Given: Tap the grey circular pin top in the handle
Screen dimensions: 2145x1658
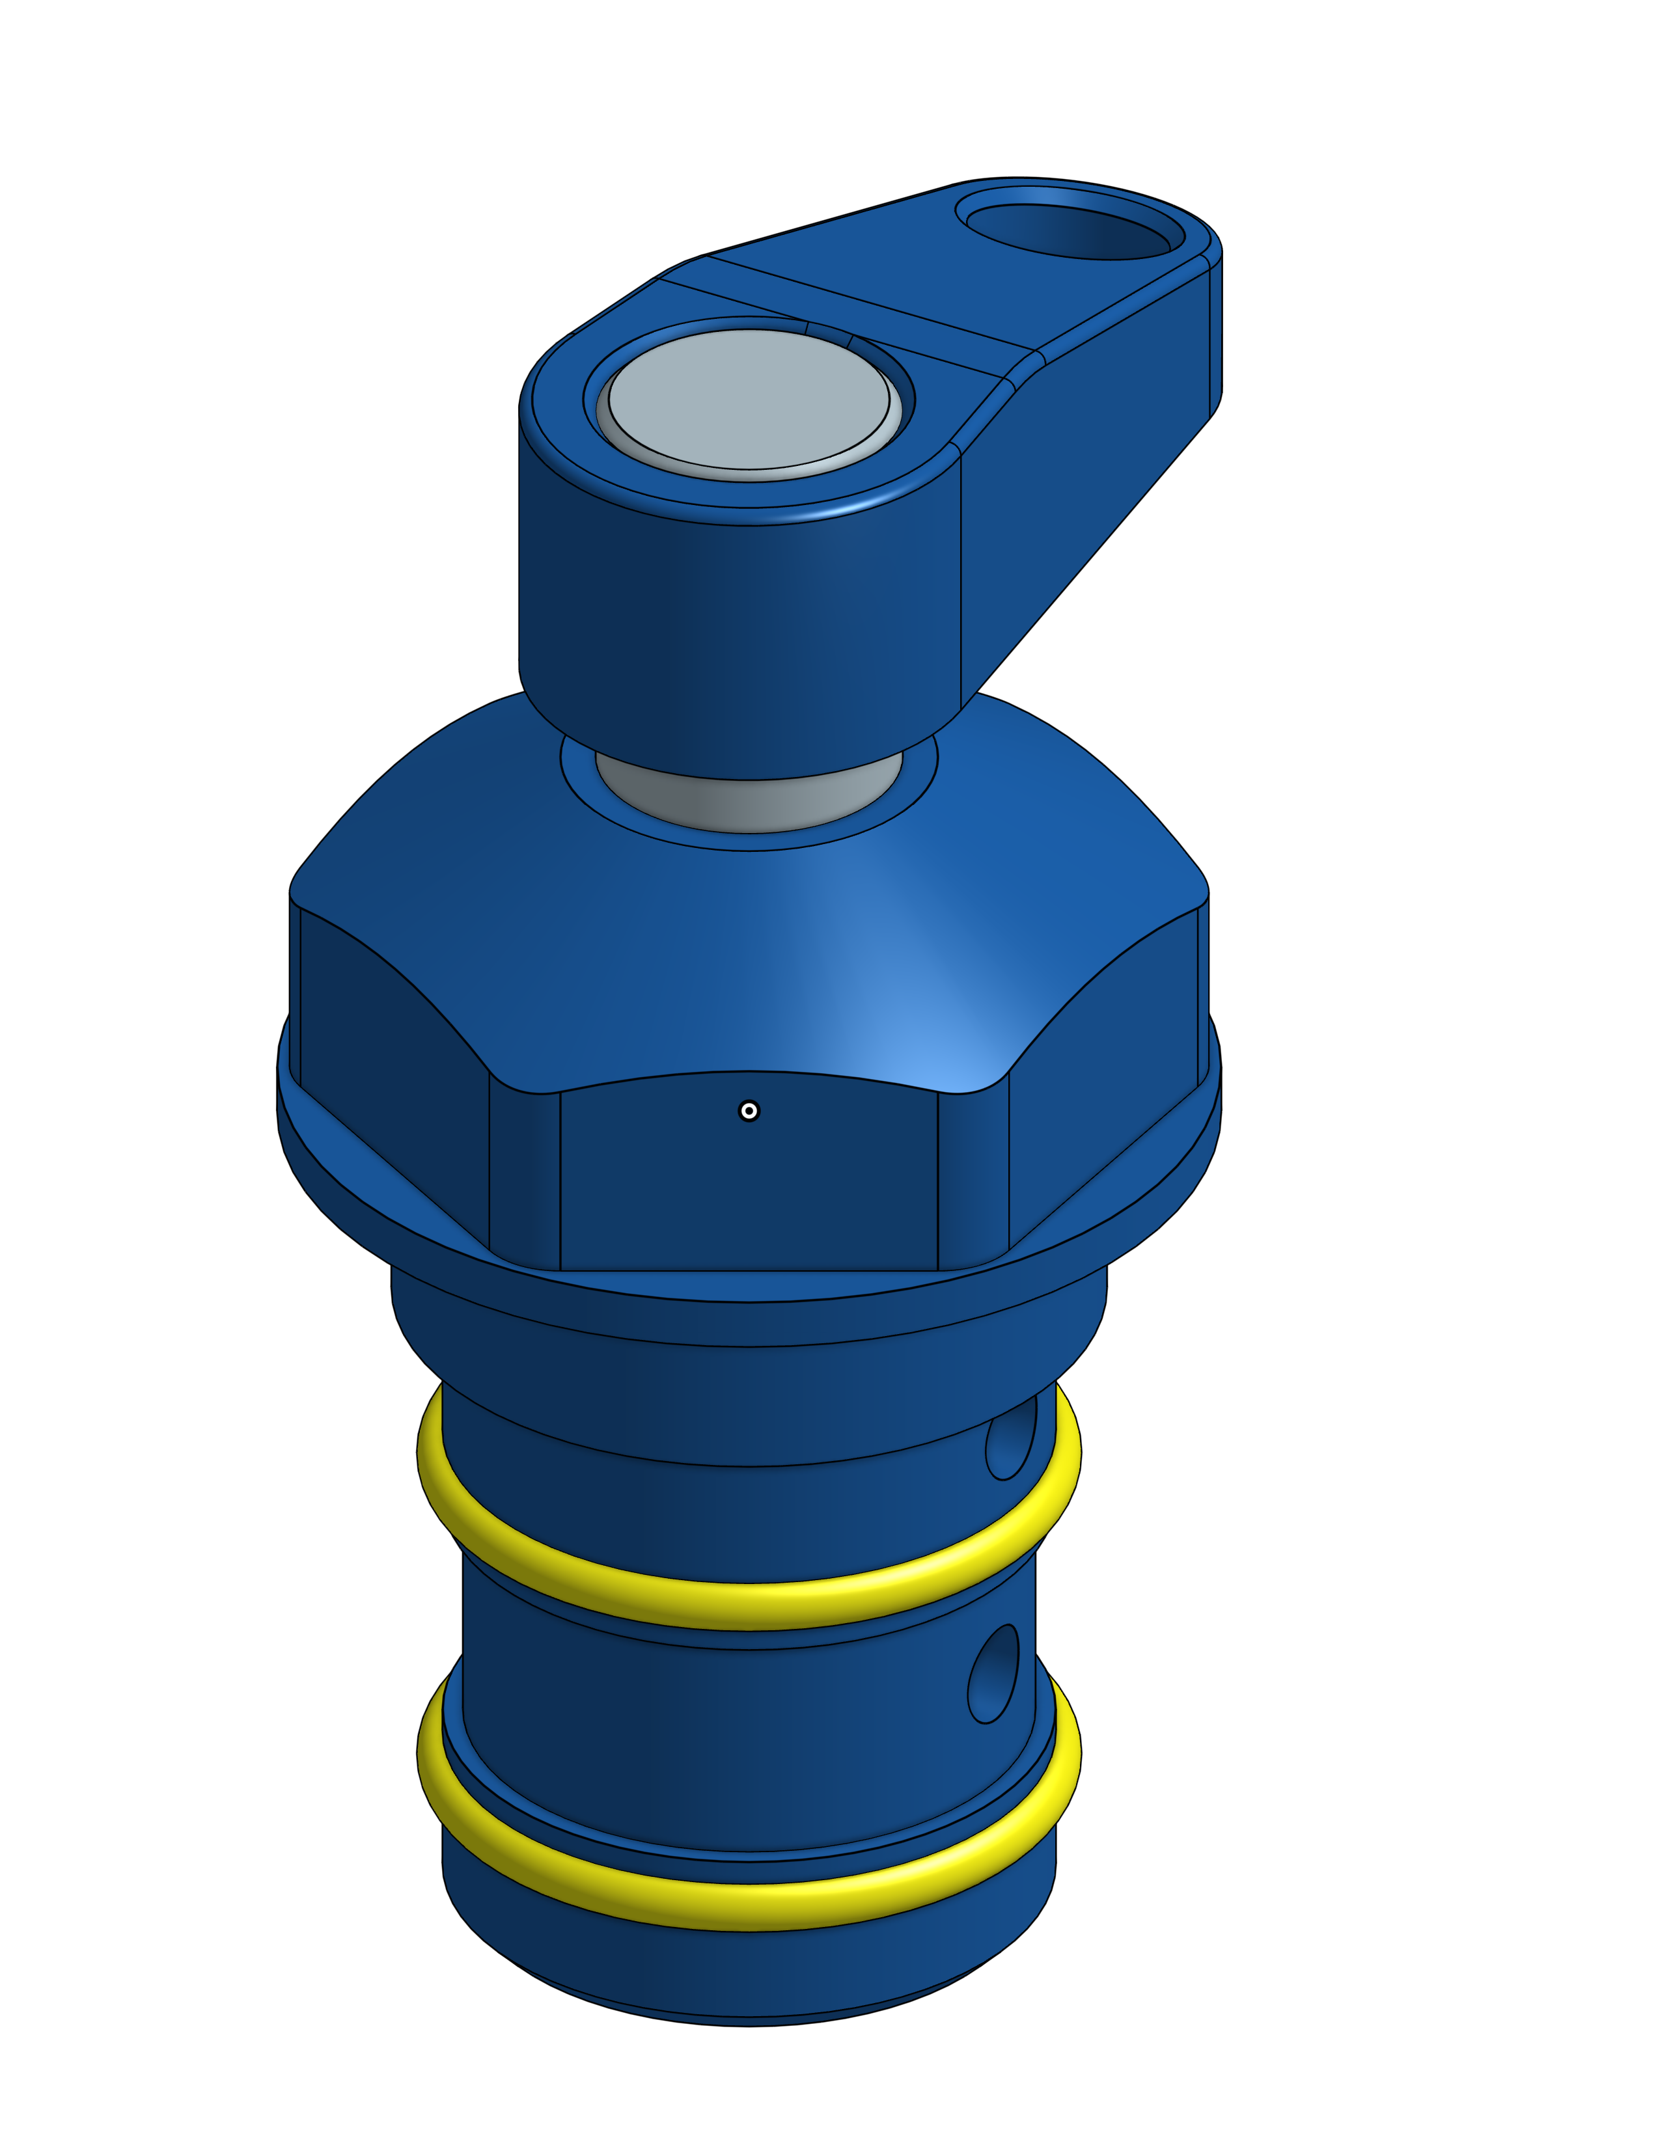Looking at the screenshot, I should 749,398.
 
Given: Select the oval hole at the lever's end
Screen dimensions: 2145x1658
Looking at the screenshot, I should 1069,232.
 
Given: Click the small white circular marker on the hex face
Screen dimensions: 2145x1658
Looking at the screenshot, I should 749,1111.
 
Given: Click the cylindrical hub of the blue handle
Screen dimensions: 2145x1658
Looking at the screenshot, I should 737,638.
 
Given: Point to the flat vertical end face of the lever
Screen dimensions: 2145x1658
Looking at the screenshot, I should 1215,334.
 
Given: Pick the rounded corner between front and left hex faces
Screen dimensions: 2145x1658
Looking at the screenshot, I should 525,1179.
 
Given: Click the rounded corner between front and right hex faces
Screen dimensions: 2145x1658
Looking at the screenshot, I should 973,1179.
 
